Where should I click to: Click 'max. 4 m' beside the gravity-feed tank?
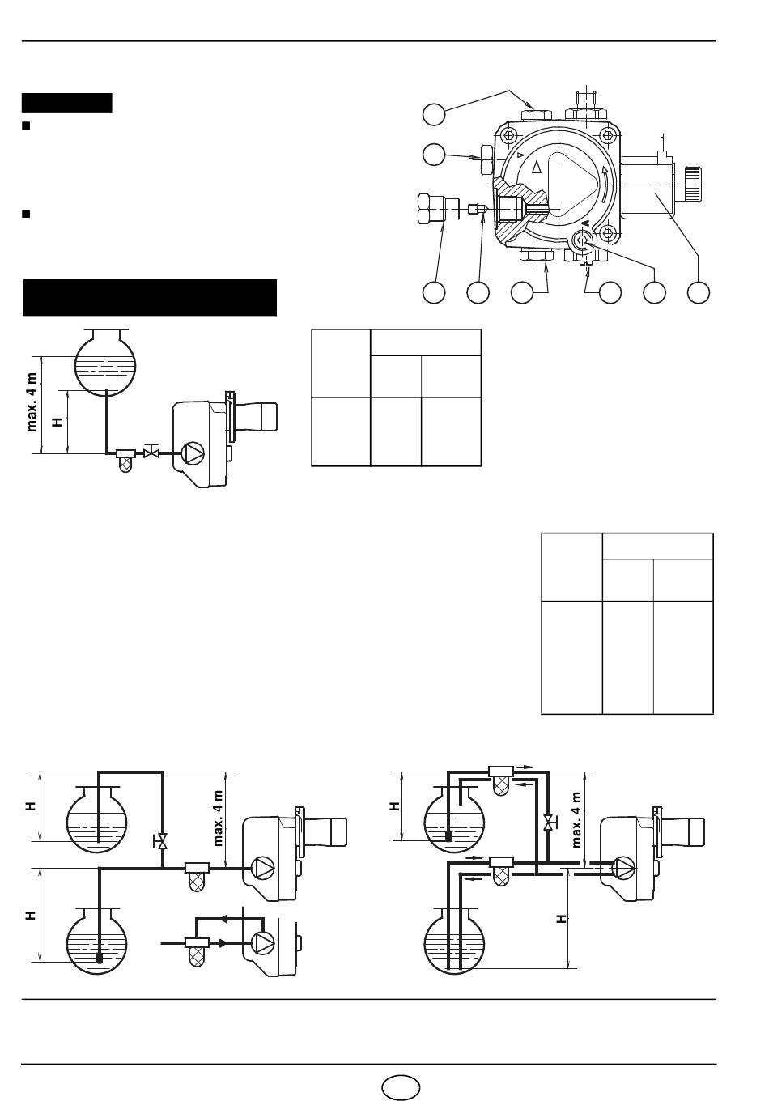tap(32, 402)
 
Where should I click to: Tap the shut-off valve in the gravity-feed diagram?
tap(151, 451)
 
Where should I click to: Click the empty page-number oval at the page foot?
tap(401, 1086)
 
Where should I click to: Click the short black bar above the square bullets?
tap(67, 103)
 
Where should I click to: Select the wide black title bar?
tap(150, 297)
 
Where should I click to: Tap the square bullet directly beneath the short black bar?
tap(27, 125)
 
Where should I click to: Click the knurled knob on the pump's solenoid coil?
tap(695, 185)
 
